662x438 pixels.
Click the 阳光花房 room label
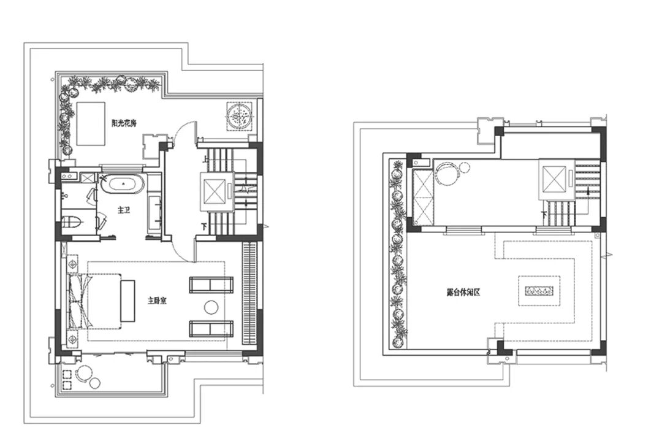point(124,123)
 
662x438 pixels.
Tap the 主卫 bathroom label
point(124,210)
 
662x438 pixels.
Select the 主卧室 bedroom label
point(157,301)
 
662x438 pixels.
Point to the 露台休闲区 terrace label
point(463,292)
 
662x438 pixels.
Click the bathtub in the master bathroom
point(123,184)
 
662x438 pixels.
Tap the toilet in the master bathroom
point(72,221)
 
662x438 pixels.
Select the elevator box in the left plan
point(215,191)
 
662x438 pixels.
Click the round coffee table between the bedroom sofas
point(211,307)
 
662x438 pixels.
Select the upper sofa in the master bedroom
point(211,285)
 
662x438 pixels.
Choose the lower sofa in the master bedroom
point(211,329)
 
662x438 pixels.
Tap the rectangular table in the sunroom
point(91,123)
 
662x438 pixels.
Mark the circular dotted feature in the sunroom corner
point(240,115)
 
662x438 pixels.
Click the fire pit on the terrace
point(539,291)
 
